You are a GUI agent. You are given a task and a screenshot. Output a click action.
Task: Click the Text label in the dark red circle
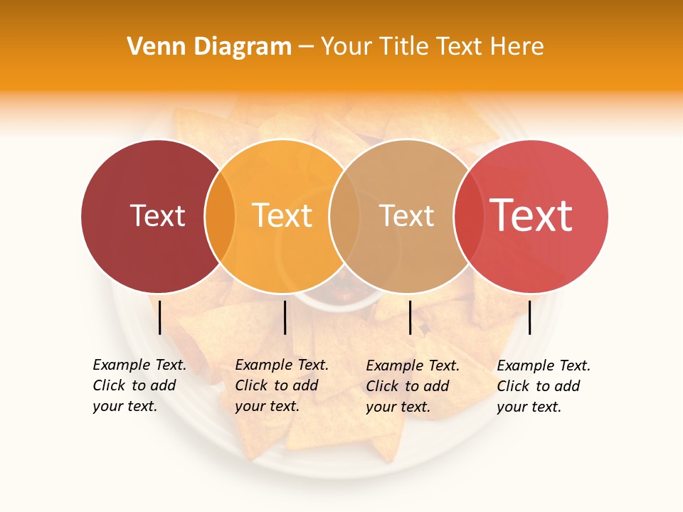point(157,215)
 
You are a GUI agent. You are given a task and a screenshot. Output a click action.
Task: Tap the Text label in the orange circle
point(282,215)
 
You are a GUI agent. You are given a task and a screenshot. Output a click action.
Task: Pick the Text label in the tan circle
point(406,215)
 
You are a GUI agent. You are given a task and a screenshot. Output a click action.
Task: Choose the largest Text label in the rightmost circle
point(531,215)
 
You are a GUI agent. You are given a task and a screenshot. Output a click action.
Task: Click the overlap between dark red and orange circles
point(220,215)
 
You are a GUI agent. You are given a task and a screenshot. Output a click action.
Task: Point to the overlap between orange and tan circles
point(344,215)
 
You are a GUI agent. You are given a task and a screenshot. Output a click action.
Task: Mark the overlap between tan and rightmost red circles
point(468,215)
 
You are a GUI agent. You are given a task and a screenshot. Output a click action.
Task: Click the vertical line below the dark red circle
point(160,317)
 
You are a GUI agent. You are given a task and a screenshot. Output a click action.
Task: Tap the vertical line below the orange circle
point(285,317)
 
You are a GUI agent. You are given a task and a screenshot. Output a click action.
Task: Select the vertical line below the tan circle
point(410,317)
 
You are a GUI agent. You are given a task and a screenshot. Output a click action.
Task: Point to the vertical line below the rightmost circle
point(530,317)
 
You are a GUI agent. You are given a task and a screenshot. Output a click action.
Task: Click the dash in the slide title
point(306,48)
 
